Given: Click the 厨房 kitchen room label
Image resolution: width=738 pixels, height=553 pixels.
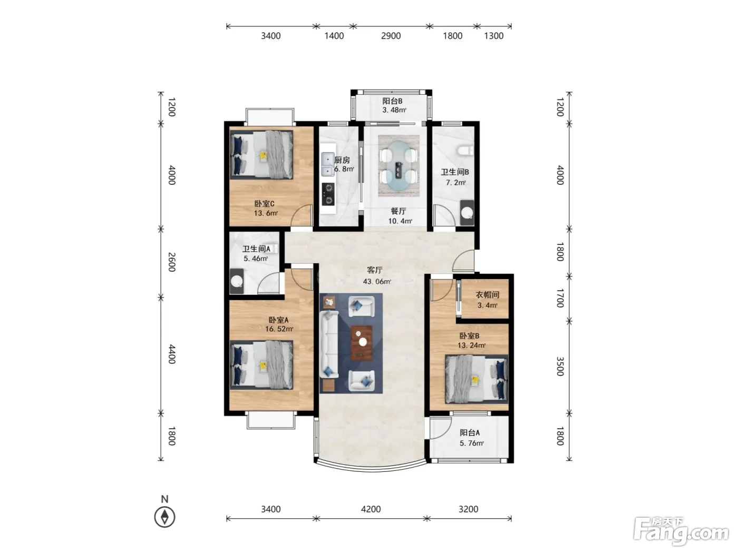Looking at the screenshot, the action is click(342, 160).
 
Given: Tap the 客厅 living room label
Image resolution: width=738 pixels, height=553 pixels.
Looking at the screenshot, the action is click(375, 270).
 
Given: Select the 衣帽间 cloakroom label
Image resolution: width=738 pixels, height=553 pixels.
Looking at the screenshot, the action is click(487, 295).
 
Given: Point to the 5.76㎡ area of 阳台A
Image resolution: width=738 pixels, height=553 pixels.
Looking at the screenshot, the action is click(471, 443).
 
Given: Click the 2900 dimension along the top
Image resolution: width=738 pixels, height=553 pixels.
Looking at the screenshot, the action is click(391, 36).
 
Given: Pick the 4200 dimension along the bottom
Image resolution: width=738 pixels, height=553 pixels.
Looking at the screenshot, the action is click(371, 509).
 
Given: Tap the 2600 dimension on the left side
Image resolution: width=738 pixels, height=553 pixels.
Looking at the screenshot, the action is click(172, 262).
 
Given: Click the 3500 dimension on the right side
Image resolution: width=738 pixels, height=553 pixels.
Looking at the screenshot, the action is click(560, 367).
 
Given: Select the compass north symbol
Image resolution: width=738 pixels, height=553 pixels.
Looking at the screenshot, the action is click(164, 517).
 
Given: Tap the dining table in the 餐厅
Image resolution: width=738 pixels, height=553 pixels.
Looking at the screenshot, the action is click(399, 166).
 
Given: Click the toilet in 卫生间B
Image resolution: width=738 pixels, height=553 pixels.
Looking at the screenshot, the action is click(465, 151).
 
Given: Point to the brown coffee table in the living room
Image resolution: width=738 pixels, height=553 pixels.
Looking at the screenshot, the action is click(362, 343).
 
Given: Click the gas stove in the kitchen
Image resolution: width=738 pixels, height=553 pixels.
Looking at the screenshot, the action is click(328, 194).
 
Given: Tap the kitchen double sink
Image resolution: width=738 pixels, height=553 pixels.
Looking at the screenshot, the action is click(327, 164).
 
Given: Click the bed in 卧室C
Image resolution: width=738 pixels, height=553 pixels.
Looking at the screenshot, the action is click(261, 155).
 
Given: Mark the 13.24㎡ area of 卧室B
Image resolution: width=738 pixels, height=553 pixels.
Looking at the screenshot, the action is click(471, 345).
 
